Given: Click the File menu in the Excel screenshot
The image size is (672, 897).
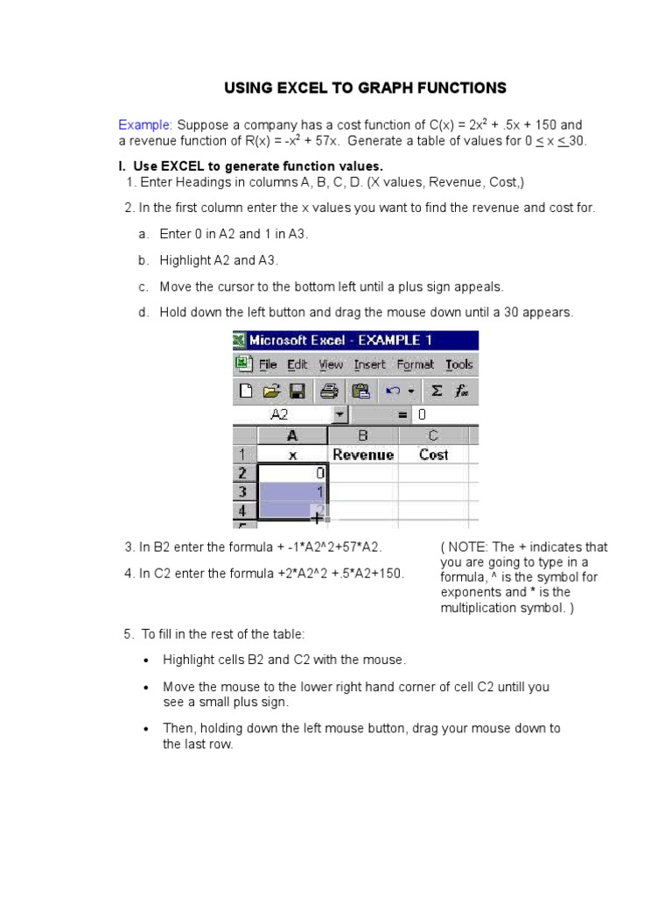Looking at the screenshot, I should pos(268,364).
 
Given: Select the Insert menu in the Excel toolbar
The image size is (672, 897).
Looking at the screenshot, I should pos(369,364).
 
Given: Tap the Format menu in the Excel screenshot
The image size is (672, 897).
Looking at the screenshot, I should pos(415,364).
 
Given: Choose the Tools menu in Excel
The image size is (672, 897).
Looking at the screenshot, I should pos(458,364).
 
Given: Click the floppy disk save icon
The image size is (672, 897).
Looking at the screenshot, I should pos(297,391).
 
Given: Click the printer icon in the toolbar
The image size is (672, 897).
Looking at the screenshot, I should pos(329,391).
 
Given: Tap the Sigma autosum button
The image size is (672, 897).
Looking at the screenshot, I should pos(437,391).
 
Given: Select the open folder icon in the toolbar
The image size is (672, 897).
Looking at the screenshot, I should pos(271,391).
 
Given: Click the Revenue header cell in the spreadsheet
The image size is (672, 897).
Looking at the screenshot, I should pos(363,455).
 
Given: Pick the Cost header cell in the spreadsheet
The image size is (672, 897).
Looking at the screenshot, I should pos(433,455).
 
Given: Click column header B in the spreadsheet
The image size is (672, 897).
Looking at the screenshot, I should pos(363,435).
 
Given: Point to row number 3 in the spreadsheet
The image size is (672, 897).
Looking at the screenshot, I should pos(242,491).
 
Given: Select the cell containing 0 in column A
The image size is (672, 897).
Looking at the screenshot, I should pos(292,473).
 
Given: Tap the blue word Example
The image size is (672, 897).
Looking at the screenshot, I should pos(145,124).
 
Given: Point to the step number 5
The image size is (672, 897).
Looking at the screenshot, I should pos(128,633).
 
